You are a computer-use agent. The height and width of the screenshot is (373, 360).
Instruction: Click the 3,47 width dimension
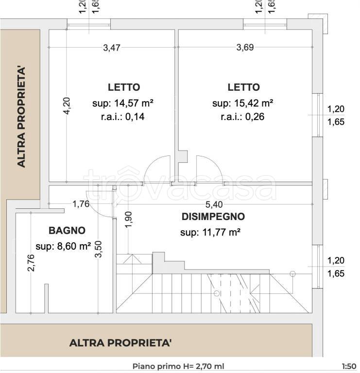tap(112, 48)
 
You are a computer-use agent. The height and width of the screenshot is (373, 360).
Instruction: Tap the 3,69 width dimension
tap(245, 48)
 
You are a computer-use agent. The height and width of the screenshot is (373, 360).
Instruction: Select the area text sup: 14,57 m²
tap(123, 103)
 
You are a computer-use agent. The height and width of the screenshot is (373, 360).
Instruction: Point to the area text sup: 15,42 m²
tap(243, 103)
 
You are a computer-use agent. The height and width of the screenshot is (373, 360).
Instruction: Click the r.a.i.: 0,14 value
tap(123, 117)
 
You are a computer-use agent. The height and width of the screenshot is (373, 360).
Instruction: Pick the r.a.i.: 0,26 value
tap(243, 117)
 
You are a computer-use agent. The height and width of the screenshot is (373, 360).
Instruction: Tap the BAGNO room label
tap(67, 231)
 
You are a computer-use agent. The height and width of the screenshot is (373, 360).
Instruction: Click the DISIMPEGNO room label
tap(213, 217)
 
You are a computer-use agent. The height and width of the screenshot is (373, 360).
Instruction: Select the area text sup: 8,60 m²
tap(64, 246)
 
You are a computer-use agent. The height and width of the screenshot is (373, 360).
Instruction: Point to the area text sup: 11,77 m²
tap(211, 233)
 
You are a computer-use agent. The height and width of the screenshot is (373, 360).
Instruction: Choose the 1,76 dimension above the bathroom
tap(81, 204)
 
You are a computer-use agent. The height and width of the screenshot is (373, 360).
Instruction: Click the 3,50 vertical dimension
tap(99, 250)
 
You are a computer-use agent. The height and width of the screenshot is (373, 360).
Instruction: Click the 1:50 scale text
tap(349, 367)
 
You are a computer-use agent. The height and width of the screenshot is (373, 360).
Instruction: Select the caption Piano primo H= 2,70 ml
tap(179, 367)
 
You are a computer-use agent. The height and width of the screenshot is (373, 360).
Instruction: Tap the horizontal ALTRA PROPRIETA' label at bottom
tap(120, 343)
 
